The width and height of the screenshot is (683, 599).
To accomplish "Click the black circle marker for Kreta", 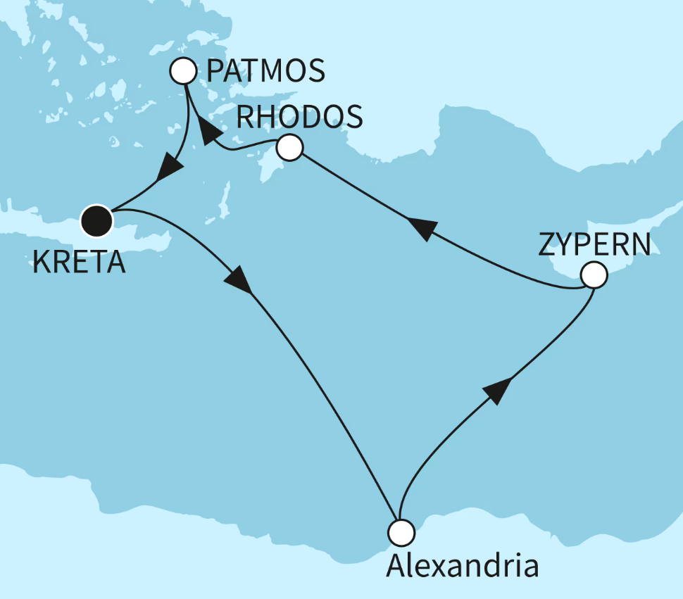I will [x=96, y=220].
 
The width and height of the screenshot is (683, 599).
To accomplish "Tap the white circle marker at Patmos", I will [x=183, y=71].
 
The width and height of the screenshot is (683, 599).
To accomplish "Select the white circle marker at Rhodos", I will [x=289, y=148].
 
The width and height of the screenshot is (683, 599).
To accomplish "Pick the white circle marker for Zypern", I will [x=593, y=275].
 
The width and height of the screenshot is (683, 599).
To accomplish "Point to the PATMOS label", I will [x=266, y=71].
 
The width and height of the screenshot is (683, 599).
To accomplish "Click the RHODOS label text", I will [x=299, y=116].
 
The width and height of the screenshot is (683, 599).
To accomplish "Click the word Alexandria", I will [x=462, y=565].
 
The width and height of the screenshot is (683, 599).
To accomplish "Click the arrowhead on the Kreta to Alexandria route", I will [x=238, y=280].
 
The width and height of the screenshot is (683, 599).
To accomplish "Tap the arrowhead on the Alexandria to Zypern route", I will [x=496, y=389].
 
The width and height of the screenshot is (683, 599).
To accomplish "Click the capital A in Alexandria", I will [x=396, y=565].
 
